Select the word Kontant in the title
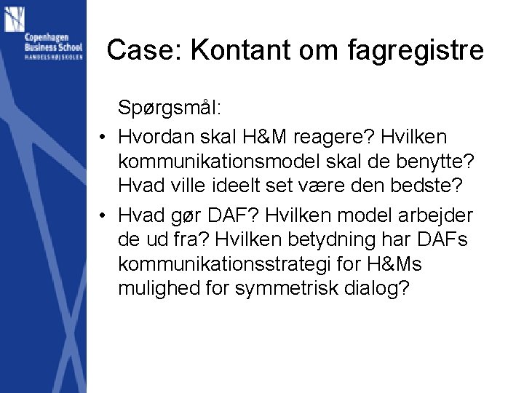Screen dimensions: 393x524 point(229,50)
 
